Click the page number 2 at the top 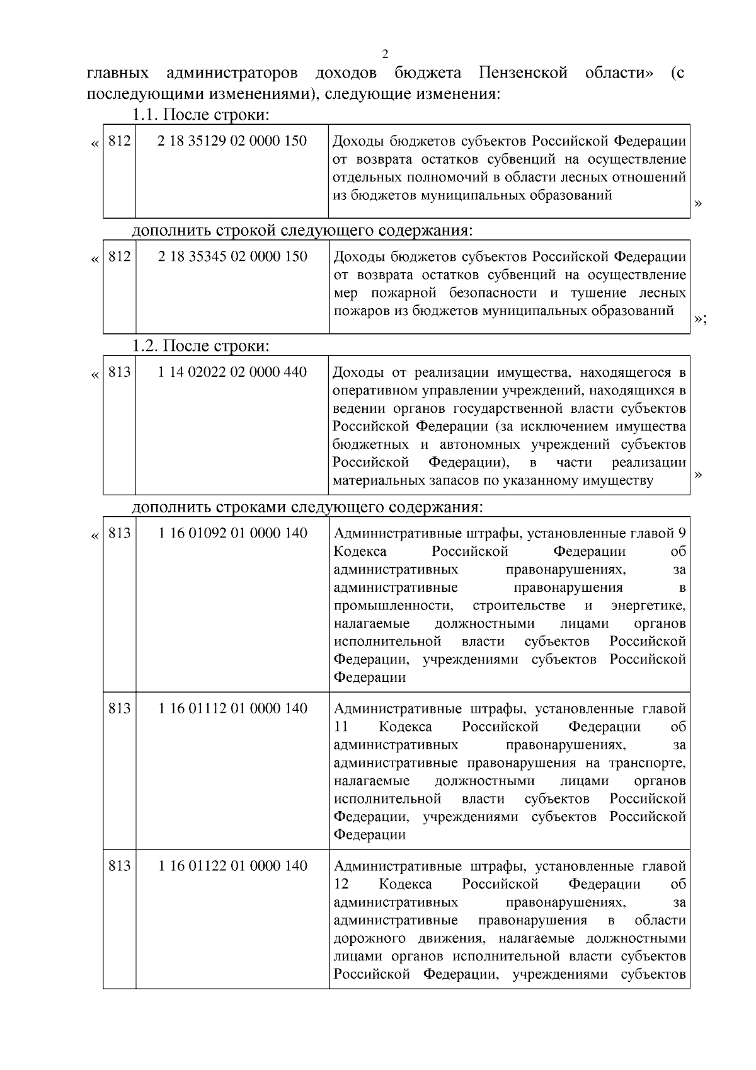click(386, 53)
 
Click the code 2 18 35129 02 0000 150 click(232, 141)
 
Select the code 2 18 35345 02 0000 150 click(232, 256)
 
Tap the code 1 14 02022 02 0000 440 click(232, 372)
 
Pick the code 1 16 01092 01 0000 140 click(232, 534)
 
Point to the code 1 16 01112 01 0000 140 click(232, 709)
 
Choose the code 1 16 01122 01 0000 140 click(232, 866)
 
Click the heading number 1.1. click(146, 115)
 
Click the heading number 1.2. click(146, 346)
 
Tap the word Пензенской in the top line click(522, 73)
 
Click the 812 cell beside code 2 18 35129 click(119, 141)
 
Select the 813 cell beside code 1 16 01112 click(119, 709)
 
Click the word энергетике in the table click(648, 606)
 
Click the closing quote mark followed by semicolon click(700, 319)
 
